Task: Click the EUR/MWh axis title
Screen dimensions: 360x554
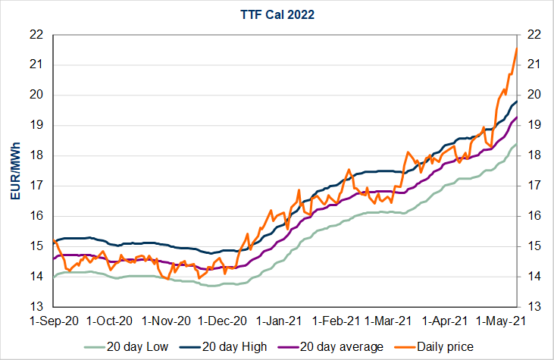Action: [14, 171]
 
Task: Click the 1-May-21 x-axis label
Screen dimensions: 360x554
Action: [506, 321]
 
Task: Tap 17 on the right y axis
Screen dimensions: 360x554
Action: [533, 186]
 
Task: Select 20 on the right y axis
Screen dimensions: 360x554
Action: [533, 95]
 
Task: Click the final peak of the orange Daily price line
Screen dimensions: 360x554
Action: [516, 49]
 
